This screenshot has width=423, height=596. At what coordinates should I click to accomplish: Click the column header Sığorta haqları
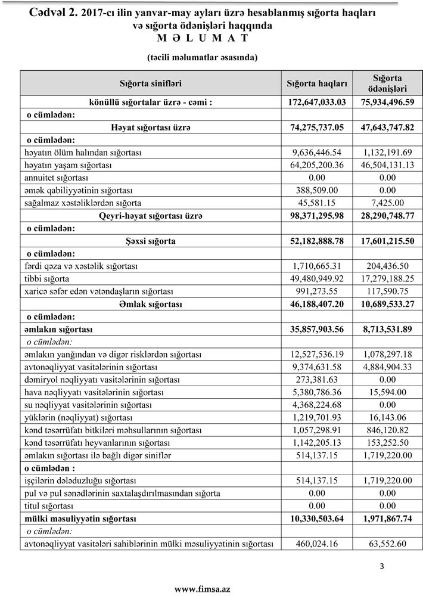316,83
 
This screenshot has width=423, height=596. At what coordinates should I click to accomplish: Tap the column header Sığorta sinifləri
150,83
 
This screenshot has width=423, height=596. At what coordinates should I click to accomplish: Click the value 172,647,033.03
316,102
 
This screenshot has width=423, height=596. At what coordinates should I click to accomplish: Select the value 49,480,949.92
316,279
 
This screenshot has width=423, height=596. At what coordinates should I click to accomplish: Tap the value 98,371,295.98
316,216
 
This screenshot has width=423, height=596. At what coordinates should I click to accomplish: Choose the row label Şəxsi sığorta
150,241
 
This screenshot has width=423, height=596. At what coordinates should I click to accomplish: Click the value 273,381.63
316,380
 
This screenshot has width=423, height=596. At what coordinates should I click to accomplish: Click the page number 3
381,565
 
